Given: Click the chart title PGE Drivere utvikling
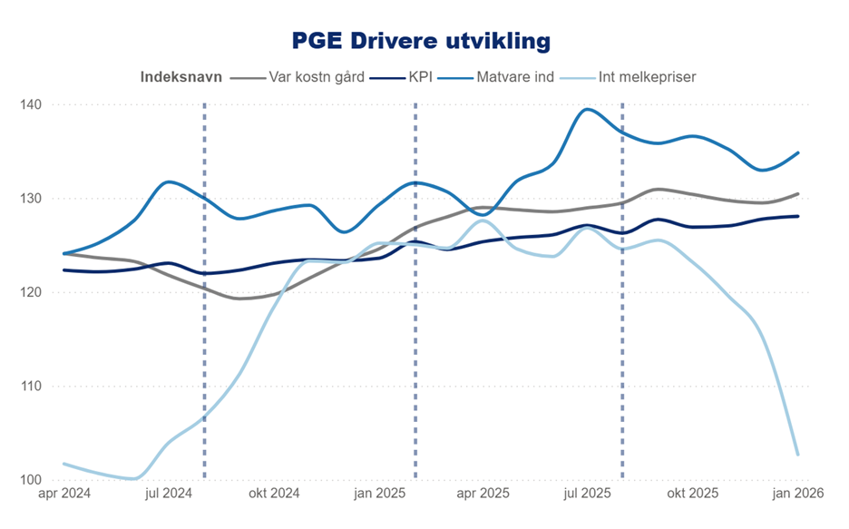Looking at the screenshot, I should [421, 41].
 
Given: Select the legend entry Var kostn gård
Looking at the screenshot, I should [317, 77].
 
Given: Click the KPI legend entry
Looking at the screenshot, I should [419, 77].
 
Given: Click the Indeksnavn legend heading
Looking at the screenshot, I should [181, 77].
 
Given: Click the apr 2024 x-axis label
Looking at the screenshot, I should [63, 495].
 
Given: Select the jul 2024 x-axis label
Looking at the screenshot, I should [168, 495].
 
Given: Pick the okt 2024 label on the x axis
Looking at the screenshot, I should [273, 495].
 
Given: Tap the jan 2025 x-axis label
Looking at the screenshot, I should [378, 495].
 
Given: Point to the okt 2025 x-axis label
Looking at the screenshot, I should [693, 495].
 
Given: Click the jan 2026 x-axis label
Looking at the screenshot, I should [798, 495].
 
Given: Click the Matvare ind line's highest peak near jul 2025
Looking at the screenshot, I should [588, 110].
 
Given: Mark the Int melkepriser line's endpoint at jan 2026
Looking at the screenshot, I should [797, 455].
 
